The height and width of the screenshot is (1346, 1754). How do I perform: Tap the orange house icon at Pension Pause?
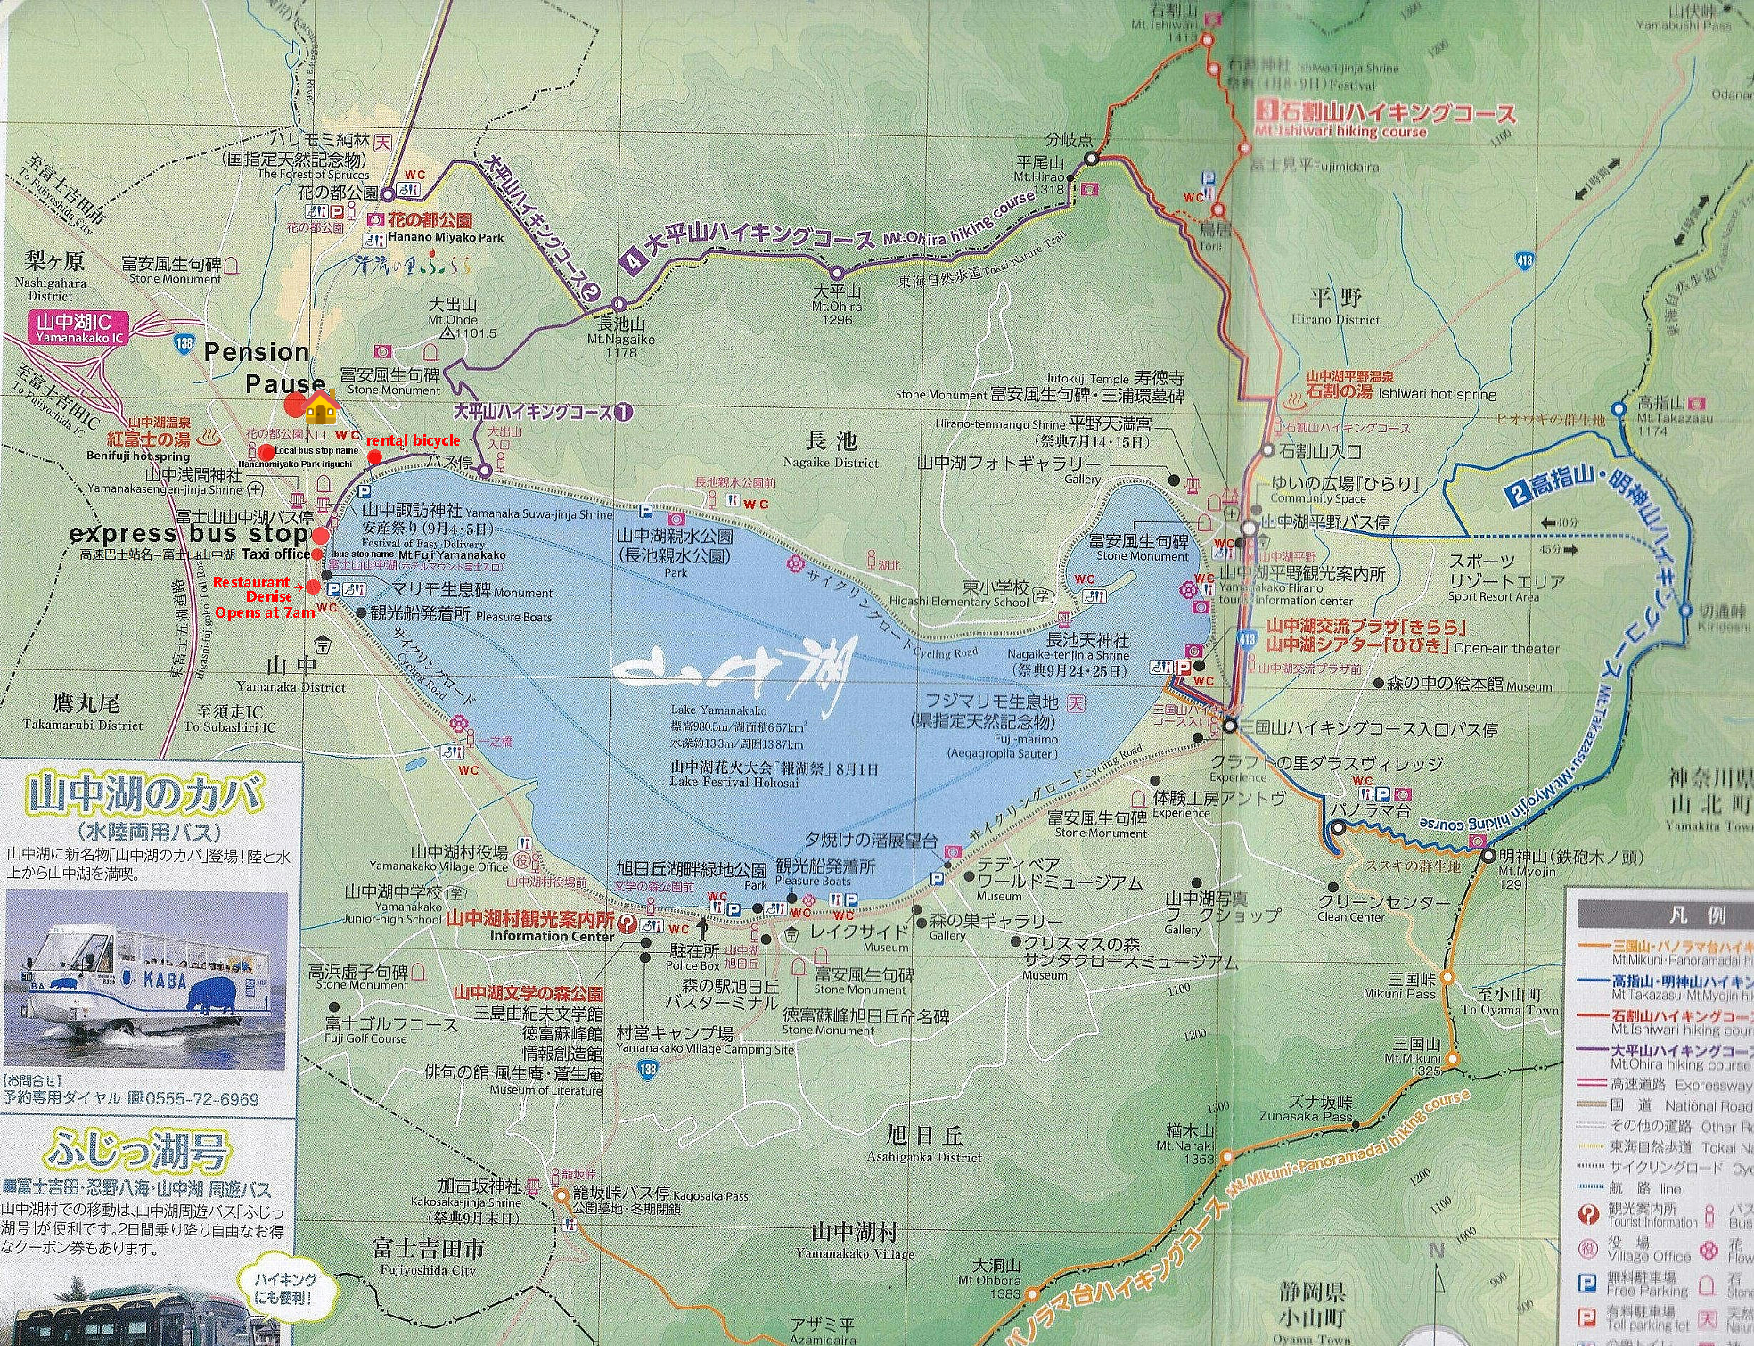point(321,409)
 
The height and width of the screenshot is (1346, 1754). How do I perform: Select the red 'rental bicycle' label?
point(413,440)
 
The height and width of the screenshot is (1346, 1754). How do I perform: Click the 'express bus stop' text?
point(189,534)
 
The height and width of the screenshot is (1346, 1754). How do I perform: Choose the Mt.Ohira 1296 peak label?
point(836,305)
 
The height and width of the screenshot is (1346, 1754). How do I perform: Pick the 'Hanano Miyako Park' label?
point(446,237)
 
